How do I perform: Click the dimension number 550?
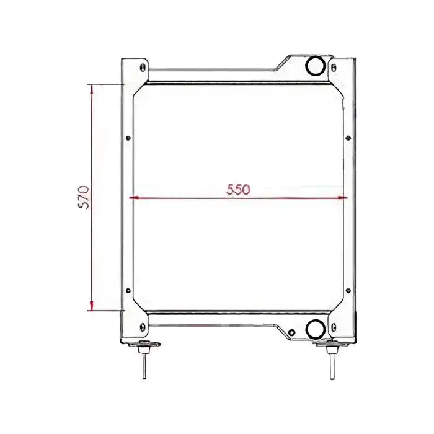[237, 190]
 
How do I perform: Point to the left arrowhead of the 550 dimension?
[133, 198]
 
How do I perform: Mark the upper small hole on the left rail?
[128, 138]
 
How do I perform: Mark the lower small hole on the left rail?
[128, 290]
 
